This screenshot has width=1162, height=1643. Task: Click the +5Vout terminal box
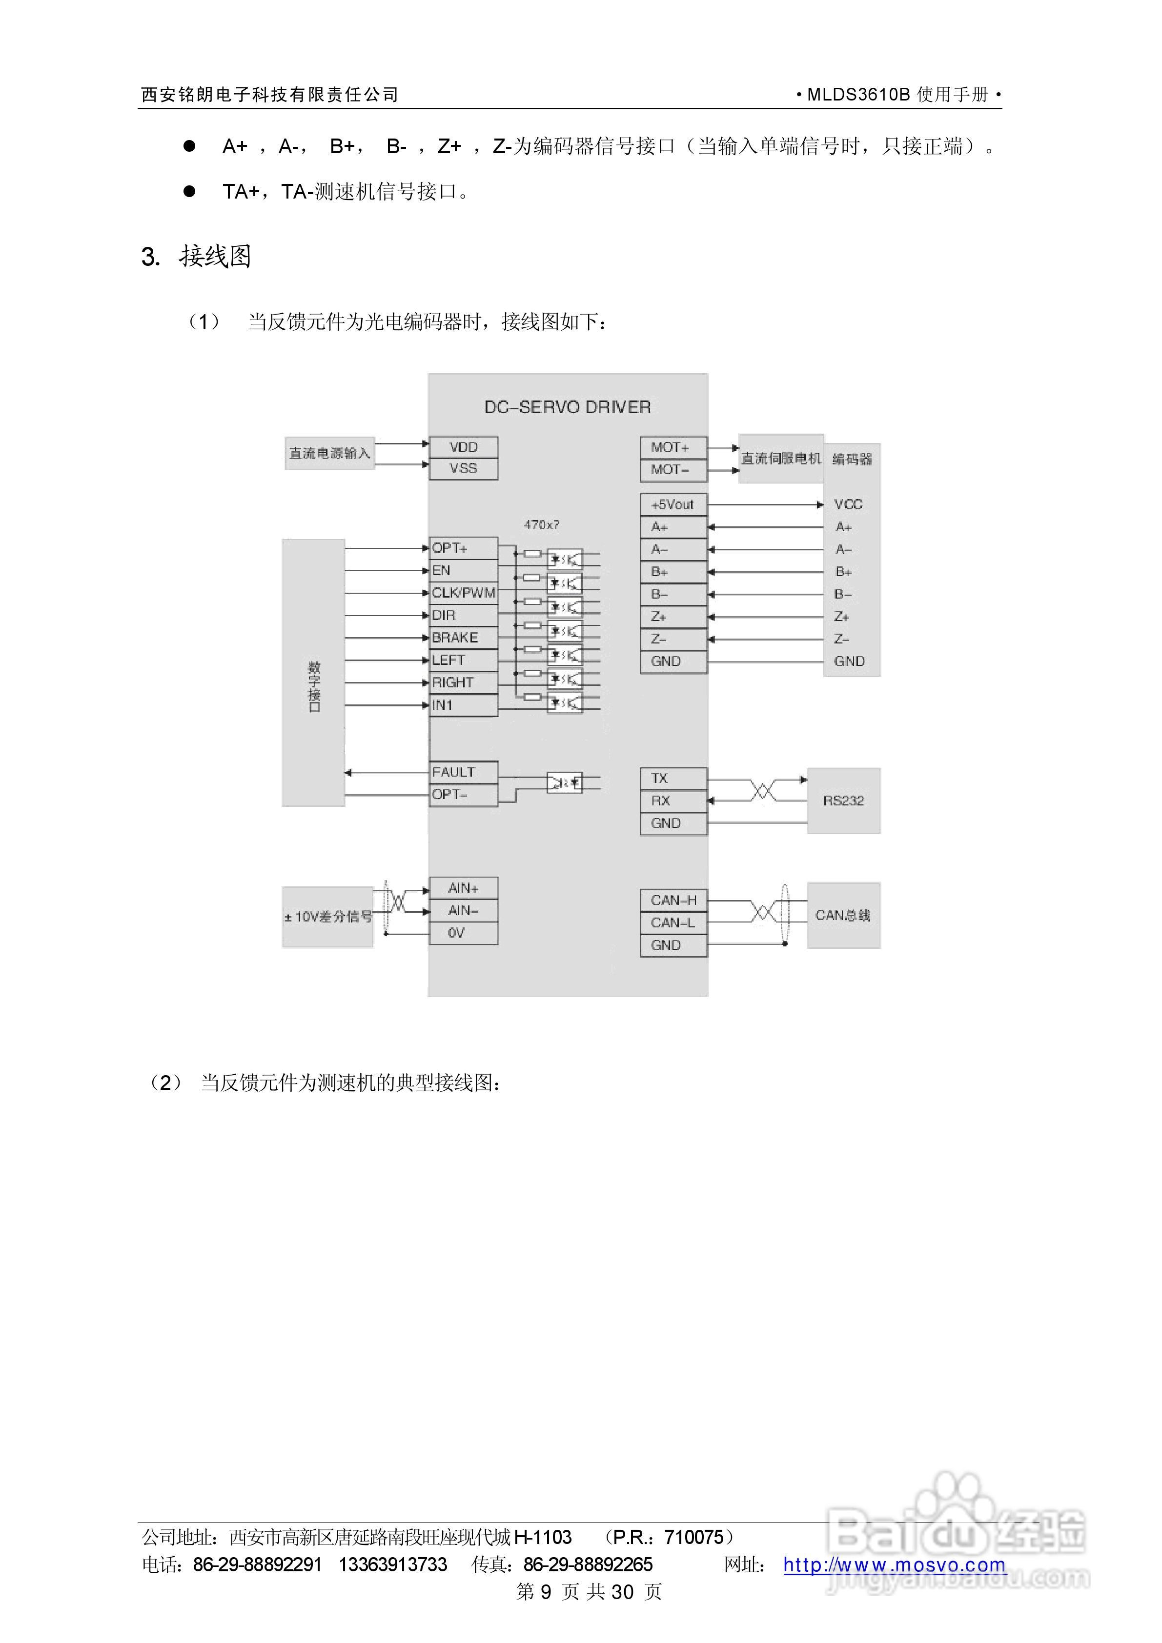pos(673,504)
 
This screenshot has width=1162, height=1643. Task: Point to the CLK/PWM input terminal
pos(463,593)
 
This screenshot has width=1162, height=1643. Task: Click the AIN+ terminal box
pos(463,888)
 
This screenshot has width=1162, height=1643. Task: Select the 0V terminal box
pos(463,933)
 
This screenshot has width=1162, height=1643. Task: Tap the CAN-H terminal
pos(673,900)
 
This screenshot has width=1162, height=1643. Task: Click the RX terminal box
pos(673,801)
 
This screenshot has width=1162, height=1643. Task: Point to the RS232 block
pos(843,801)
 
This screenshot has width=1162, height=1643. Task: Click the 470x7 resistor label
pos(541,524)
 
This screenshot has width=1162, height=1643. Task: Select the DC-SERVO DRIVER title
pos(568,407)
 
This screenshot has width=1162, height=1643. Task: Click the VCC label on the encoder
pos(848,504)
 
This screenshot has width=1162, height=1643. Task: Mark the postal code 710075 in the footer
pos(694,1537)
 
